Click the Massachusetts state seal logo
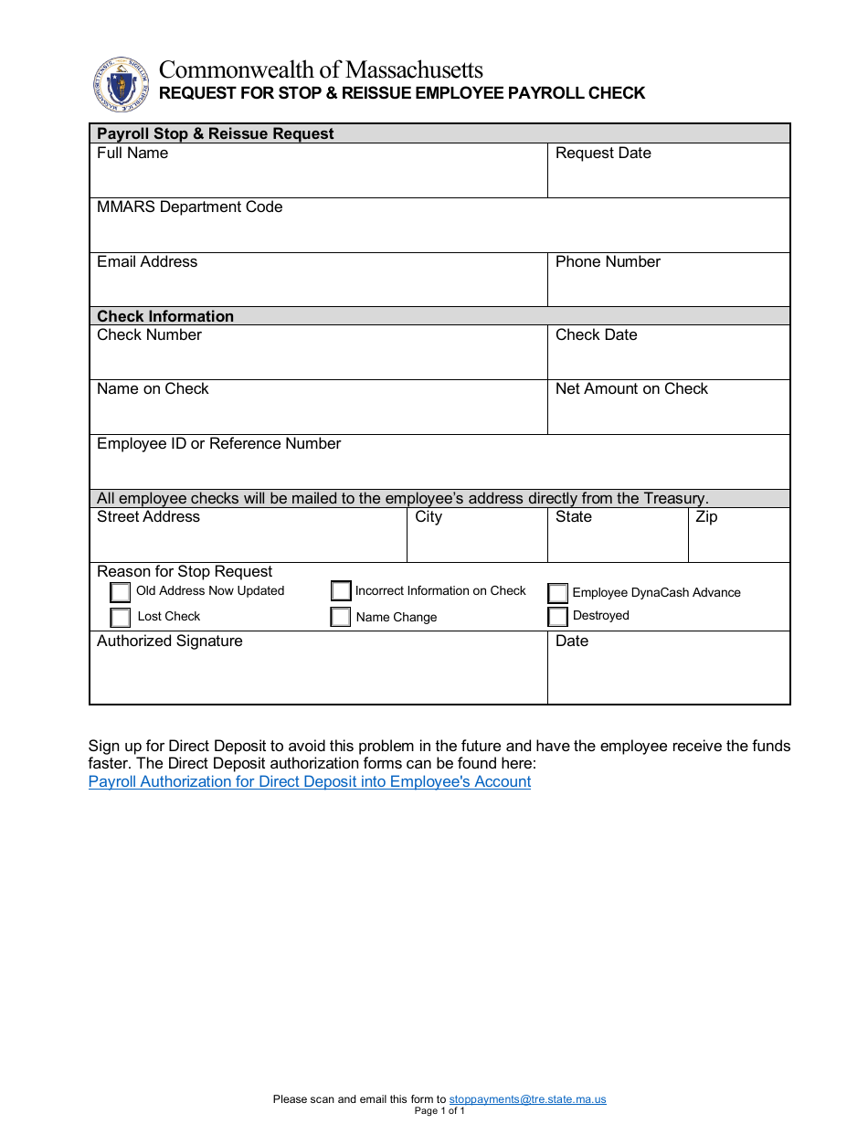121,84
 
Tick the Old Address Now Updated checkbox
121,592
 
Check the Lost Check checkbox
121,618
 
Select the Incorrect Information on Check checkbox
341,591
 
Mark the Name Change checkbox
341,617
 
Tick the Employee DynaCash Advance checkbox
558,593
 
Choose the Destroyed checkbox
558,617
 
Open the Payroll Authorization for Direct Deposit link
310,781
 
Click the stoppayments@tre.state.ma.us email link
527,1099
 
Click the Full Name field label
132,153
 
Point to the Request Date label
603,153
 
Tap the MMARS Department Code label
190,207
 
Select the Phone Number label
608,261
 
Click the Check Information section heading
165,316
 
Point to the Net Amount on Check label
631,388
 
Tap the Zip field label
706,516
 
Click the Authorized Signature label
170,641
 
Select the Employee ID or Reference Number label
219,443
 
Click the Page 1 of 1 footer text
439,1111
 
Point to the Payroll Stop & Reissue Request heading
216,133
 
